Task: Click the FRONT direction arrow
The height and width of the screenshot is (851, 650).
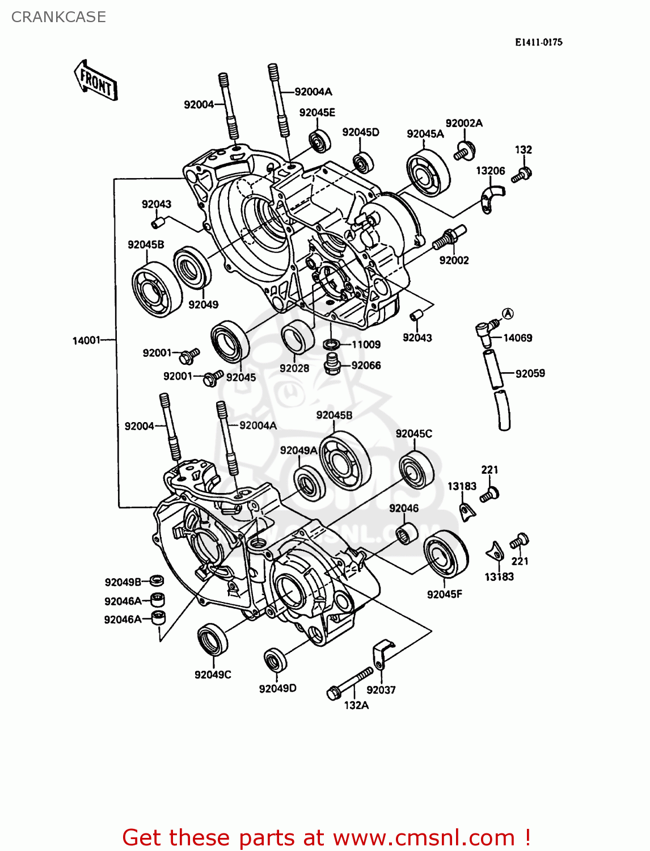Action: tap(96, 81)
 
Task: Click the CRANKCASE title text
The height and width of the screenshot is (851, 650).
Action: tap(58, 17)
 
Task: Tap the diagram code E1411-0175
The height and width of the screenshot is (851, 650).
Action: tap(538, 42)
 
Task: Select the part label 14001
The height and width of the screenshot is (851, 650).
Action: tap(86, 340)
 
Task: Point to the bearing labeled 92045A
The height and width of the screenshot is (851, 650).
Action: tap(428, 173)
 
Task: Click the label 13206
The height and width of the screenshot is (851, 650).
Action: tap(490, 171)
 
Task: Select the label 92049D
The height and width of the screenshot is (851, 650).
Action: tap(277, 689)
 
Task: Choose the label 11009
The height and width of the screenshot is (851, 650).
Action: tap(366, 344)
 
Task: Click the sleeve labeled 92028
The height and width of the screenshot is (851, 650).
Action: tap(298, 337)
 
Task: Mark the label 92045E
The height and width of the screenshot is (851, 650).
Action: tap(317, 112)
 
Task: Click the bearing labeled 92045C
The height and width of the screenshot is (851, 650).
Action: tap(416, 470)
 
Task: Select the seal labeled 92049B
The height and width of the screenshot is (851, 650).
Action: tap(157, 580)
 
